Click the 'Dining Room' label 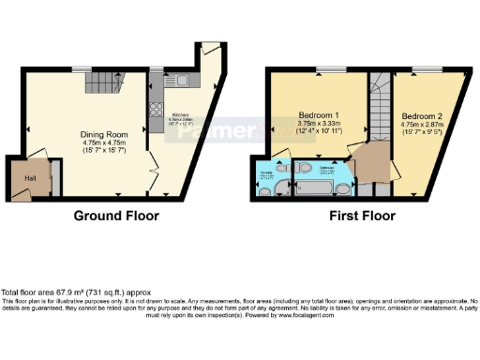click(x=103, y=133)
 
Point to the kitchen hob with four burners click(x=156, y=121)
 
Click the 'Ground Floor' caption click(x=117, y=216)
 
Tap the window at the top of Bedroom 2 click(x=429, y=70)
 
